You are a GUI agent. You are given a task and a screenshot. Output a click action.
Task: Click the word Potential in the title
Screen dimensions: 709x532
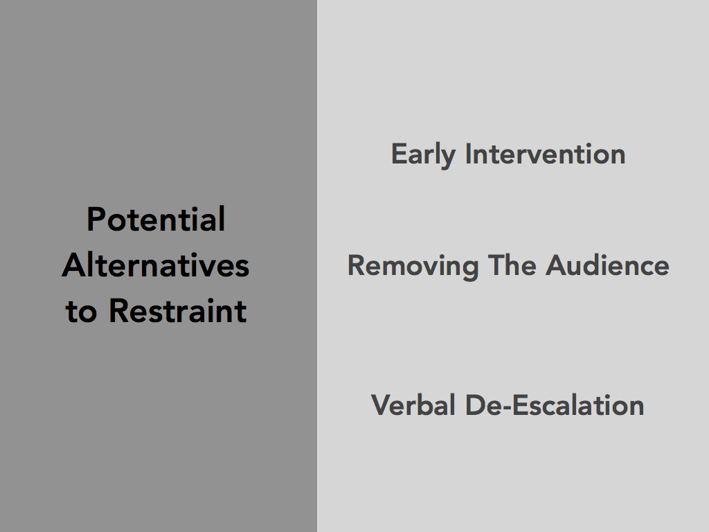pyautogui.click(x=156, y=220)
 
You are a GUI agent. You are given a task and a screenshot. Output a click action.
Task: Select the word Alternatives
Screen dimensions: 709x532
pyautogui.click(x=156, y=265)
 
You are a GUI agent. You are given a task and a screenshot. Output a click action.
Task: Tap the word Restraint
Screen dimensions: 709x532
pyautogui.click(x=178, y=311)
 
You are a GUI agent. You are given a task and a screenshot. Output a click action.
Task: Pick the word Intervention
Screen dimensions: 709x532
pyautogui.click(x=546, y=154)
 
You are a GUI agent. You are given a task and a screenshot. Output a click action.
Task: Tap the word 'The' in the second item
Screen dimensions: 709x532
pyautogui.click(x=512, y=265)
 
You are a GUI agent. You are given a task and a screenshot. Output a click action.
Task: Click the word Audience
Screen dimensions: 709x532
pyautogui.click(x=607, y=265)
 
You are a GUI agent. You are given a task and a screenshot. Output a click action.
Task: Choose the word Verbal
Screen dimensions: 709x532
pyautogui.click(x=413, y=405)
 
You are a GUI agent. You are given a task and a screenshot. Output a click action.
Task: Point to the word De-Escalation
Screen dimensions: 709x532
pyautogui.click(x=555, y=405)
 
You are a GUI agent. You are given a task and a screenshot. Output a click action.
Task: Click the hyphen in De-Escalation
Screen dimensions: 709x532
pyautogui.click(x=506, y=408)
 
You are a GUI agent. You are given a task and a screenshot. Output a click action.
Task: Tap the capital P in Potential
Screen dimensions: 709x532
pyautogui.click(x=96, y=220)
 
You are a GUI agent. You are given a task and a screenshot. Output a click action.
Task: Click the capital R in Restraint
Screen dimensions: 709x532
pyautogui.click(x=119, y=311)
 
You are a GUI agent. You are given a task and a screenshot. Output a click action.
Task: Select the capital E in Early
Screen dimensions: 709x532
pyautogui.click(x=400, y=154)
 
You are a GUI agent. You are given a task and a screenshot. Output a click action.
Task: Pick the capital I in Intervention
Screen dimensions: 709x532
pyautogui.click(x=468, y=154)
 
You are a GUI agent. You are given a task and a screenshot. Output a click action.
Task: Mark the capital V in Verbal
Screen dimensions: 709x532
pyautogui.click(x=382, y=405)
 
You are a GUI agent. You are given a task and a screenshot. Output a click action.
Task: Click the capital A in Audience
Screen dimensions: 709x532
pyautogui.click(x=557, y=265)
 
